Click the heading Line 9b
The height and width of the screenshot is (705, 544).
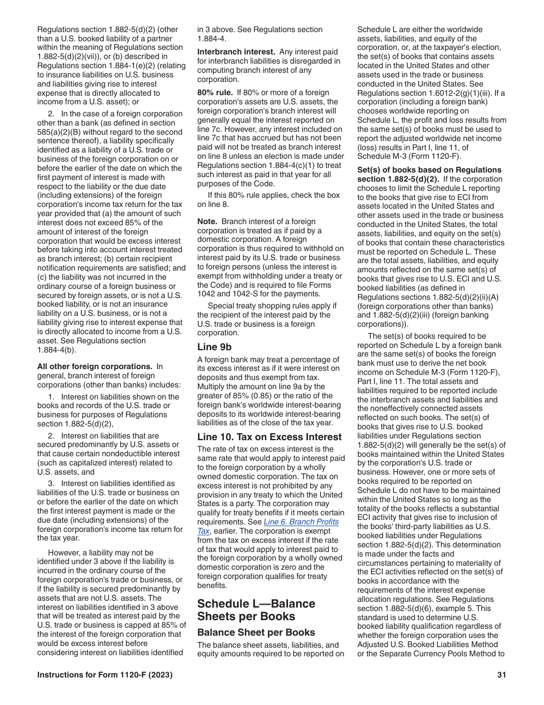(214, 347)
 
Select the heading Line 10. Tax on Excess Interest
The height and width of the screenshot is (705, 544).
(269, 437)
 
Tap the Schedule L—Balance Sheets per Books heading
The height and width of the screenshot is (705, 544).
(256, 610)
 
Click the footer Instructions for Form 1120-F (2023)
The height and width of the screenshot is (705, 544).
(105, 676)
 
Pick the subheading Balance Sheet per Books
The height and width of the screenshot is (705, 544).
(256, 632)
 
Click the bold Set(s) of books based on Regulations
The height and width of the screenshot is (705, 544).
(429, 170)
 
